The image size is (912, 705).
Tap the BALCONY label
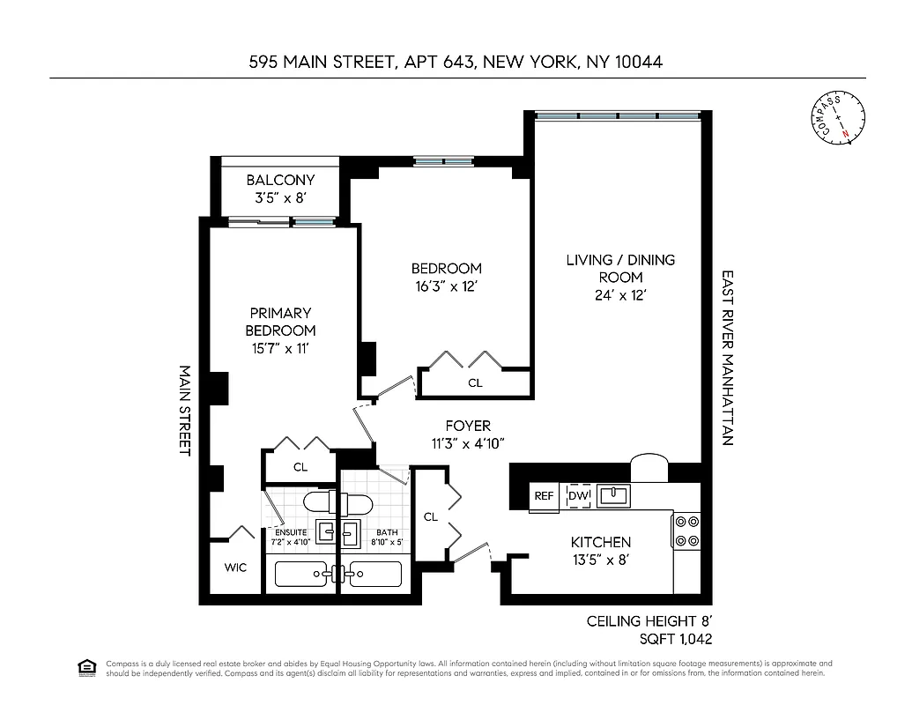280,180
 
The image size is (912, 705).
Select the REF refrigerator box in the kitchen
544,496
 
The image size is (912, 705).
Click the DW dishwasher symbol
578,496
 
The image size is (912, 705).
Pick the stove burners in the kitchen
686,531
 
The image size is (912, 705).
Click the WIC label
235,568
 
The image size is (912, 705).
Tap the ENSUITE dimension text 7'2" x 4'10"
291,542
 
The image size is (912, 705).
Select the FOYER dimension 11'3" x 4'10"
468,443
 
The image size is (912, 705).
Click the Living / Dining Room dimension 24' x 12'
620,295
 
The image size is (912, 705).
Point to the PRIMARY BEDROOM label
280,322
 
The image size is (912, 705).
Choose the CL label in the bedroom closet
475,383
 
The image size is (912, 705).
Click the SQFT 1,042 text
675,639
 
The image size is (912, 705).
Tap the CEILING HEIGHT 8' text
649,621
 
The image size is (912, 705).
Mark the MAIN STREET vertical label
185,410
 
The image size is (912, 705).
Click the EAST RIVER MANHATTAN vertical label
728,357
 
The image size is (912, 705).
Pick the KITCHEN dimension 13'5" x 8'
600,560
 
